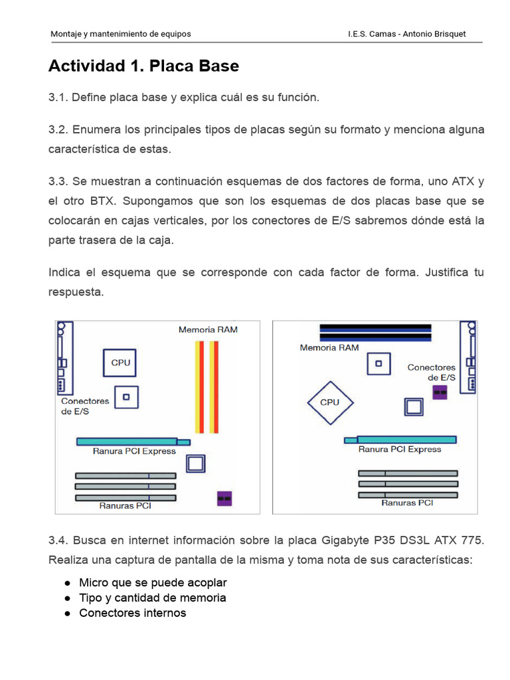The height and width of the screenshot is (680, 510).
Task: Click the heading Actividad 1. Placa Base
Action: pyautogui.click(x=143, y=66)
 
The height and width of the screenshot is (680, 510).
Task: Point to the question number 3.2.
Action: pyautogui.click(x=58, y=129)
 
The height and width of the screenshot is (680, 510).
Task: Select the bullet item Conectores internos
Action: pyautogui.click(x=132, y=613)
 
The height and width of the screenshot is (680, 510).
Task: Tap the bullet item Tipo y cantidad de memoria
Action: pyautogui.click(x=152, y=598)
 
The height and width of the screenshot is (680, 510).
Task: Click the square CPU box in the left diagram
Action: pyautogui.click(x=120, y=363)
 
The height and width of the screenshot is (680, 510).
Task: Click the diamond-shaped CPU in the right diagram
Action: pyautogui.click(x=329, y=402)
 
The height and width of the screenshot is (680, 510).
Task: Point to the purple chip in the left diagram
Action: pyautogui.click(x=224, y=498)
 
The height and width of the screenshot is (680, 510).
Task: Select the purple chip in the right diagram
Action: pyautogui.click(x=439, y=392)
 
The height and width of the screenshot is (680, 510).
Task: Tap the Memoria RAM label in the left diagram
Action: pyautogui.click(x=208, y=329)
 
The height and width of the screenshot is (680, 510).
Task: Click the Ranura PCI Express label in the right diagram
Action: pyautogui.click(x=399, y=450)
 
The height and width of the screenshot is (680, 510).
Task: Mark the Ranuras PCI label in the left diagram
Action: pyautogui.click(x=125, y=505)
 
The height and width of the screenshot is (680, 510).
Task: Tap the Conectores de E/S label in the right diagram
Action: pyautogui.click(x=431, y=372)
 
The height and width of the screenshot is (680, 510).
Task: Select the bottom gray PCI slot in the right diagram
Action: pyautogui.click(x=408, y=495)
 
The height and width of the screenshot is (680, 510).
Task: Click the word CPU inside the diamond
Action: pyautogui.click(x=329, y=402)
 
